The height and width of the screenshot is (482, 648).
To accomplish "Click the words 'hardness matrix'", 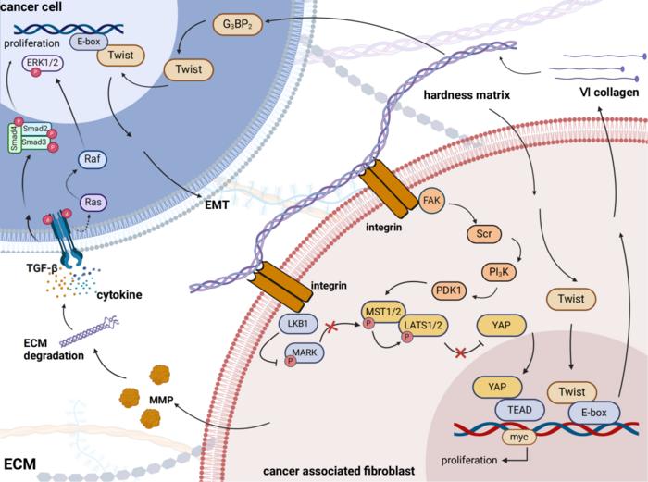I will coord(485,94).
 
